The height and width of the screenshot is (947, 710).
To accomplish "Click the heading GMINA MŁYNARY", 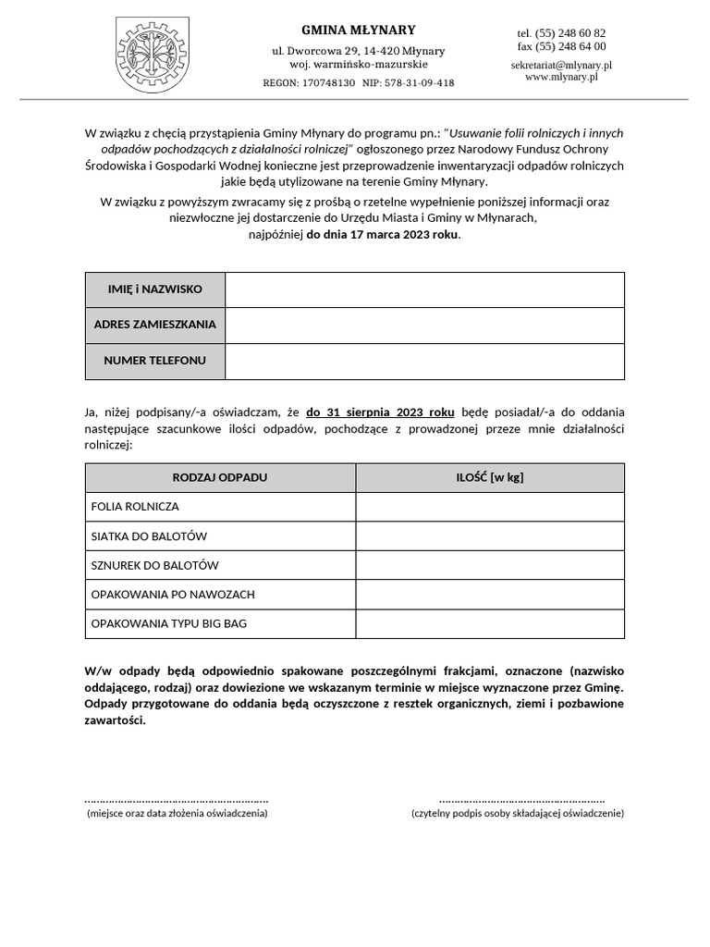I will tap(359, 30).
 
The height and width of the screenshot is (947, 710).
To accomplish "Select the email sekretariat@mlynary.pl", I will tap(561, 66).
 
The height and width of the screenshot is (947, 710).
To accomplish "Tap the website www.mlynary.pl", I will tap(561, 78).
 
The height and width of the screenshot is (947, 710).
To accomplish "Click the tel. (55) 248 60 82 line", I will tap(561, 33).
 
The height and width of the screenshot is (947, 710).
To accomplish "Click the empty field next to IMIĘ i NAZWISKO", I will tap(424, 289).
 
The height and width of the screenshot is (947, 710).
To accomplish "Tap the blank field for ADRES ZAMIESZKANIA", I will tap(424, 325).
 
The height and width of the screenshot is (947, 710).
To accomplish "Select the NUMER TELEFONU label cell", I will tap(155, 361).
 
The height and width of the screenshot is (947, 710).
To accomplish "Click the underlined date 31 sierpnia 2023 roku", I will tap(380, 412).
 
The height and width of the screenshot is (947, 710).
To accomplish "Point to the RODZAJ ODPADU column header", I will tap(220, 477).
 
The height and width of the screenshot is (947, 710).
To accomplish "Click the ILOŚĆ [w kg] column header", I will tap(490, 477).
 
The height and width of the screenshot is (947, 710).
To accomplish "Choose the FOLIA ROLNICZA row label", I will tap(136, 507).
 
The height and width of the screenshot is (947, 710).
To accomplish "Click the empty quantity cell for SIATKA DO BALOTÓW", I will tap(490, 536).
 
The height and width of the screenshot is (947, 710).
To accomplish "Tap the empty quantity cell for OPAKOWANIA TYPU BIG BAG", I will tap(490, 624).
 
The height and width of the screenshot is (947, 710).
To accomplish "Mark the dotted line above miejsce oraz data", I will tap(177, 799).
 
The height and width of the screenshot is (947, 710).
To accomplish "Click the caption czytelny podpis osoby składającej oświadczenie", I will tap(518, 813).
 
